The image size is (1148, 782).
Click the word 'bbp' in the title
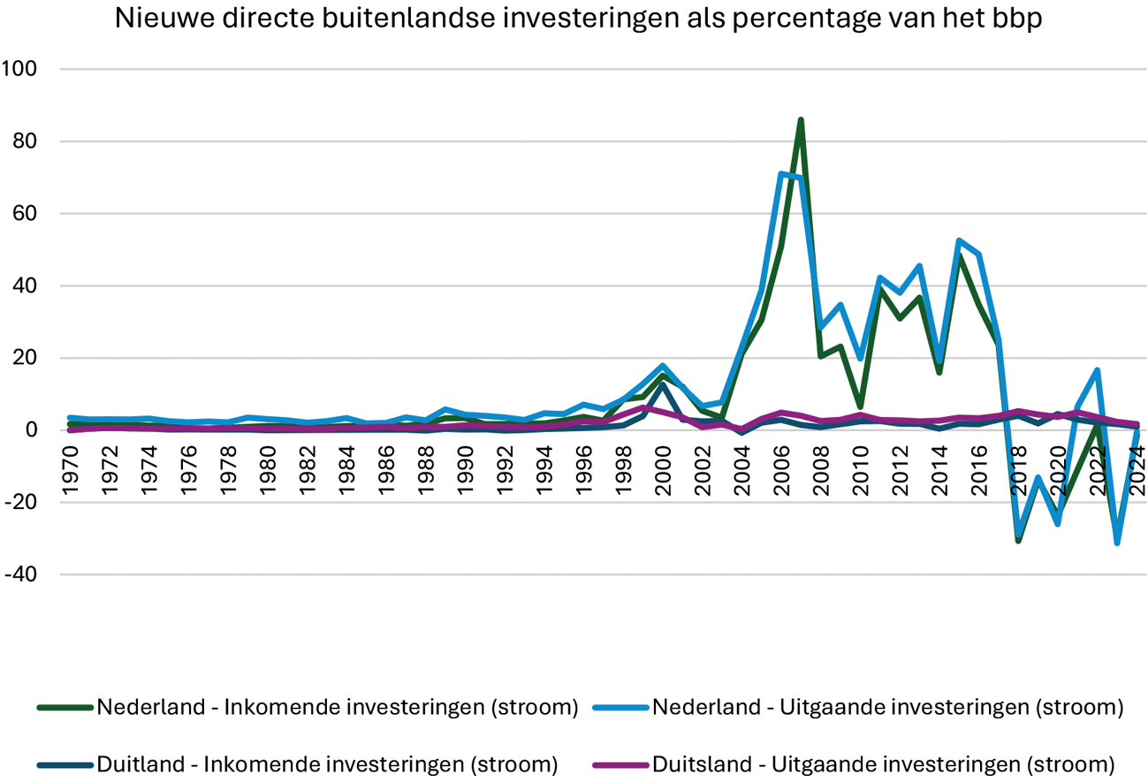1019,19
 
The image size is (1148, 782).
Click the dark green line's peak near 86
801,119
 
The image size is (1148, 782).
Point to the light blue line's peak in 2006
781,174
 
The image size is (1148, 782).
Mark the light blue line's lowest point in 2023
1117,543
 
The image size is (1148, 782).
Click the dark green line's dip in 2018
1018,540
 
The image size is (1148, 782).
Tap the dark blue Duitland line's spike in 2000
663,384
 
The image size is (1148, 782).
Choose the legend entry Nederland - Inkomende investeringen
337,707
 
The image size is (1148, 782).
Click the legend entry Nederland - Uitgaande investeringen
887,707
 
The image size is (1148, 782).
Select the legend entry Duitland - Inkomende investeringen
327,764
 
